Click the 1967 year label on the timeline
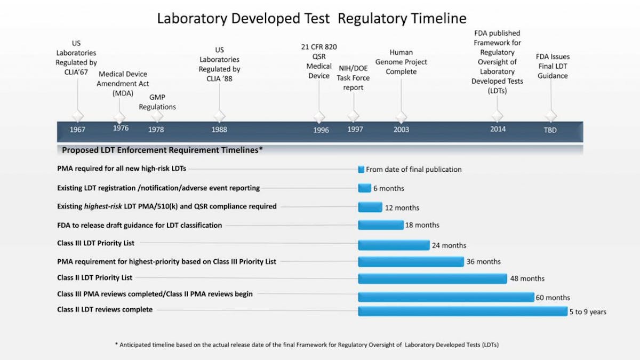[x=77, y=130]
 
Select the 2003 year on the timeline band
[x=401, y=130]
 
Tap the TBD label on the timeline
[x=550, y=130]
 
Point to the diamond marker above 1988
[x=219, y=116]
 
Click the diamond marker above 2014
[x=497, y=116]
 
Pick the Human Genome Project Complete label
[x=401, y=62]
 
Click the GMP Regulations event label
[x=157, y=102]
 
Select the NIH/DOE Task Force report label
[x=353, y=78]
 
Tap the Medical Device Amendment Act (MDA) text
[x=123, y=84]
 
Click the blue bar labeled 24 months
[x=394, y=245]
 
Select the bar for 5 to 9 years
[x=462, y=311]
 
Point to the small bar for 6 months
[x=364, y=188]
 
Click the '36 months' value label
[x=484, y=262]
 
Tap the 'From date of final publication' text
[x=413, y=170]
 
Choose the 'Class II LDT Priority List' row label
[x=95, y=278]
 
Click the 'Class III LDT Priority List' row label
[x=96, y=243]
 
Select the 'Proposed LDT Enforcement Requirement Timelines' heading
[x=162, y=150]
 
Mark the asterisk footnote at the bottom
[x=307, y=345]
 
